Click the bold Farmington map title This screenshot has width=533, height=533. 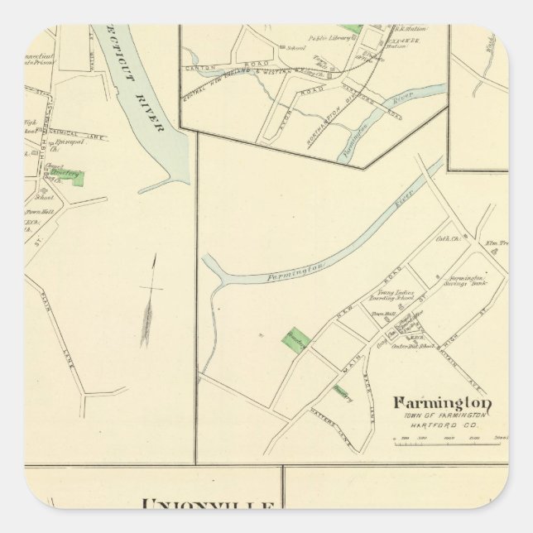(444, 403)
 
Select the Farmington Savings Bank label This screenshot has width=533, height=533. (459, 281)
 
